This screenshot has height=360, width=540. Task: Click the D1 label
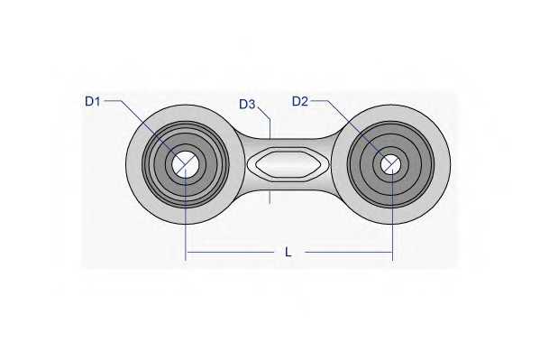[92, 102]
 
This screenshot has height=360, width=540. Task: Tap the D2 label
[300, 101]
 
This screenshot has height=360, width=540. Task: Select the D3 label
[247, 105]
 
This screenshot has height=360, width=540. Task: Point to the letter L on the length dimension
[288, 253]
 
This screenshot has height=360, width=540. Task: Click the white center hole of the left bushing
[187, 163]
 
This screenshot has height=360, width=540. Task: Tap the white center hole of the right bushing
[390, 164]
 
